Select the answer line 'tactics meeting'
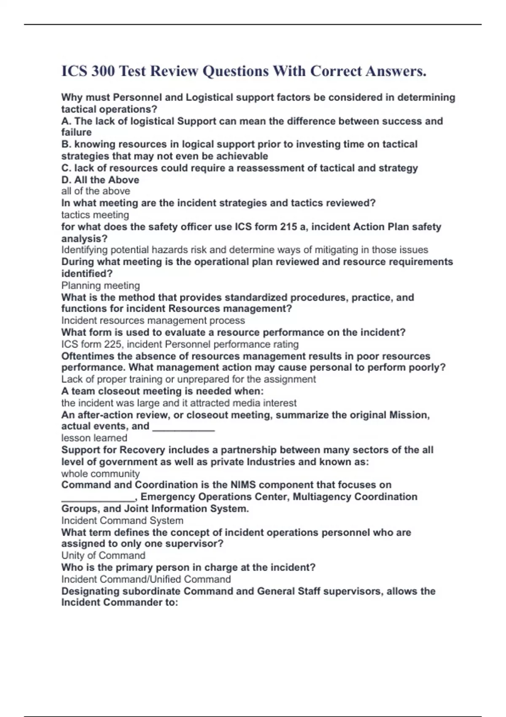95,215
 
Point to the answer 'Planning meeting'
100,286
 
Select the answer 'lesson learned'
94,438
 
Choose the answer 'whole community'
100,474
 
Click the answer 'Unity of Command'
103,555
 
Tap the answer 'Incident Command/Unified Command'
146,579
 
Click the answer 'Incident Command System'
122,520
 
